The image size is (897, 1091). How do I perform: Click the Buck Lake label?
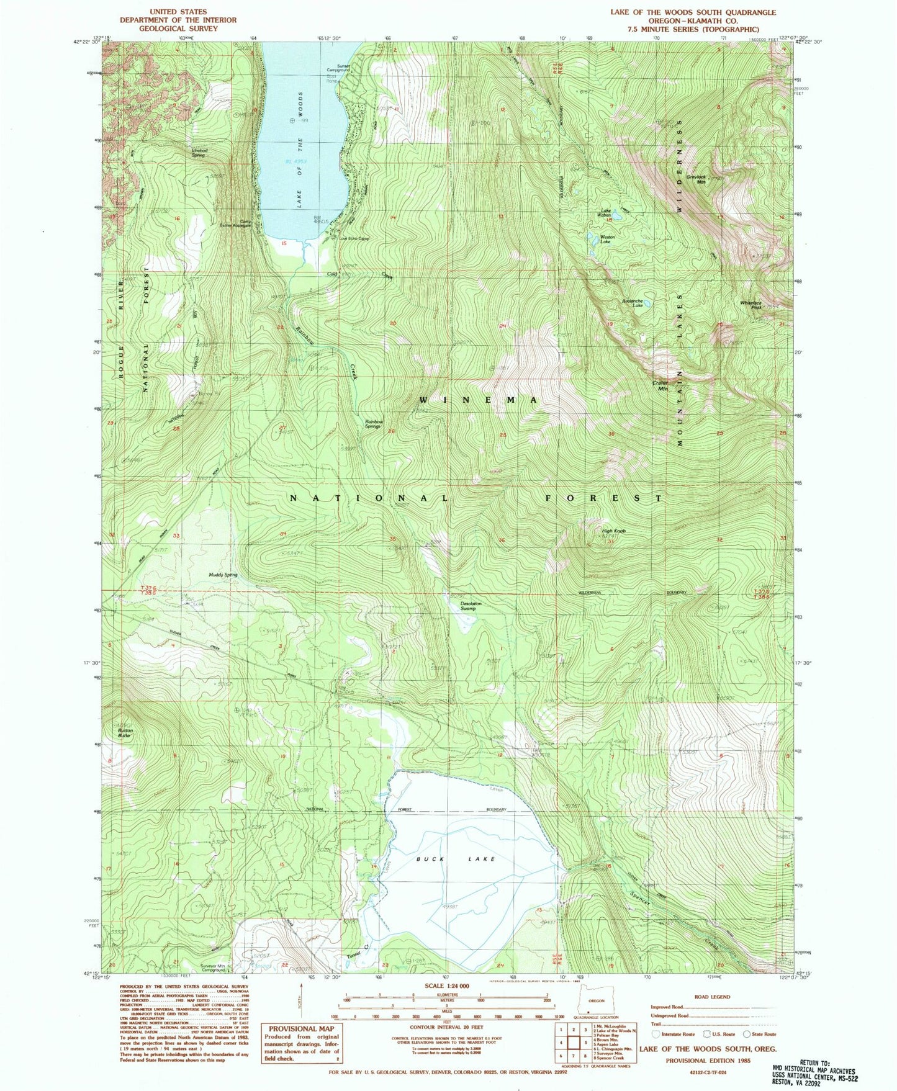pyautogui.click(x=456, y=859)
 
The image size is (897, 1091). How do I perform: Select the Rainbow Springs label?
pyautogui.click(x=372, y=424)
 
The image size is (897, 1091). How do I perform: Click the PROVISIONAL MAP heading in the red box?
pyautogui.click(x=301, y=1029)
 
